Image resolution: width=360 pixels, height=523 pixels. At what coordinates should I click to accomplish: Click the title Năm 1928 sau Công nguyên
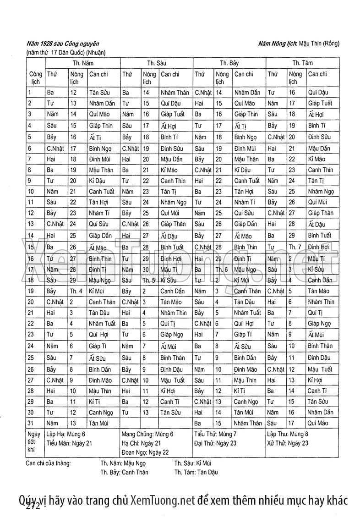pos(63,44)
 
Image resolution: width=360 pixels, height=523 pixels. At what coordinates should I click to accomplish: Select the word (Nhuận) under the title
pos(96,52)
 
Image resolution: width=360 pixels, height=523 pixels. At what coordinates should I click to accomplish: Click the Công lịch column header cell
pos(35,77)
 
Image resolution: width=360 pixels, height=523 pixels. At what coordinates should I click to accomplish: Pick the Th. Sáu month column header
pos(157,62)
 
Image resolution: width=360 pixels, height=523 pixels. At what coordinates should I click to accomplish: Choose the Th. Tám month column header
pos(303,62)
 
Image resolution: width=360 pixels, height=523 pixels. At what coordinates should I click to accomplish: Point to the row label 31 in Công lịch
pos(31,423)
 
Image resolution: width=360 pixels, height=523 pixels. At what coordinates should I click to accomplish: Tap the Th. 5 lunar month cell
pos(149,280)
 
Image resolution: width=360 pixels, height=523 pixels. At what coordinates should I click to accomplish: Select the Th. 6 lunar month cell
pos(222,269)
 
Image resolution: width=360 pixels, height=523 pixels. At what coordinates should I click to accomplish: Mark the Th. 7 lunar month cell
pos(295,247)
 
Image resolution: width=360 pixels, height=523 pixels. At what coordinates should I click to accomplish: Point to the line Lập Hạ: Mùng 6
pos(66,434)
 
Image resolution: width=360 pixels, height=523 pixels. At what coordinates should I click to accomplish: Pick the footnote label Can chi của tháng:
pos(49,463)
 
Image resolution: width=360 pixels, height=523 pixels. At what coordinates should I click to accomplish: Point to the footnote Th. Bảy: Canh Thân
pos(124,472)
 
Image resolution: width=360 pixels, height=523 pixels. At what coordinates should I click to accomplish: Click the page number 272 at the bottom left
pos(33,506)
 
